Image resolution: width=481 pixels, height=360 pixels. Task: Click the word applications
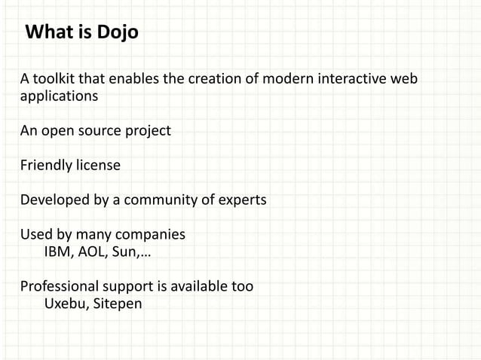tap(59, 97)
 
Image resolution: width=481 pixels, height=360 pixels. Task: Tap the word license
tap(98, 166)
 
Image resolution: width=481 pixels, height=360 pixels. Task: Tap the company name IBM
tap(58, 252)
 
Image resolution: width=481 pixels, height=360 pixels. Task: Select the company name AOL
tap(93, 252)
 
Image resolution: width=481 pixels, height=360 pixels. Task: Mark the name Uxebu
tap(66, 304)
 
